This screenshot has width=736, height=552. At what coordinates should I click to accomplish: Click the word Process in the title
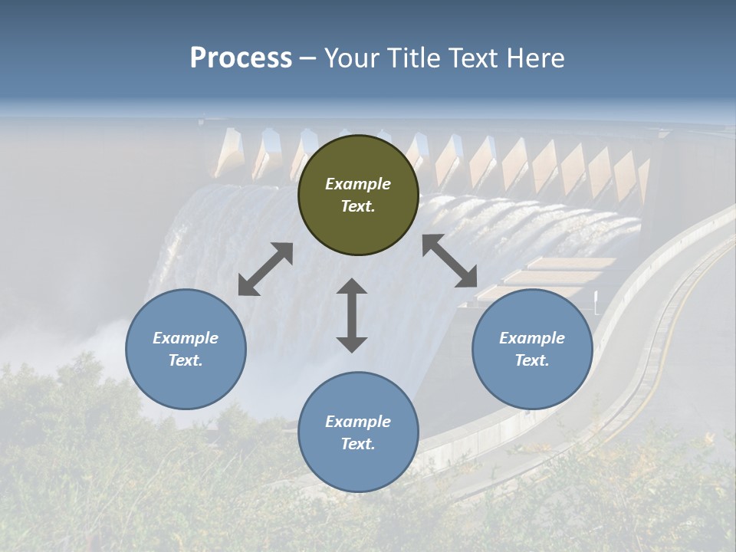[x=241, y=58]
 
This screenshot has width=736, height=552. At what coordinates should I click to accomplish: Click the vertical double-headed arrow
[x=352, y=315]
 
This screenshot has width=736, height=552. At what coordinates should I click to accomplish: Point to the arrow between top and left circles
[x=265, y=269]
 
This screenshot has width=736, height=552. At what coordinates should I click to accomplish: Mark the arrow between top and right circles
[x=450, y=261]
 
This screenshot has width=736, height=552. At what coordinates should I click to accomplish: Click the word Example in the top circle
[x=358, y=184]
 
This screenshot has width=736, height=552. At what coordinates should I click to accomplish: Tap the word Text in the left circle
[x=186, y=360]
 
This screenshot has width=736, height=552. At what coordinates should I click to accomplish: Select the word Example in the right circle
[x=532, y=338]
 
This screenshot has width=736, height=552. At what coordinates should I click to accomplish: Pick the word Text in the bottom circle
[x=358, y=444]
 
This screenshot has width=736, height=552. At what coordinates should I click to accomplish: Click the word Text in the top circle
[x=358, y=206]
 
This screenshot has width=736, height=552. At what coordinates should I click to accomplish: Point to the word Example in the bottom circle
[x=358, y=422]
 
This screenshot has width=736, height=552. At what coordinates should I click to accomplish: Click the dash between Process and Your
[x=308, y=58]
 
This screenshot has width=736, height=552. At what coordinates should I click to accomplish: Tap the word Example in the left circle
[x=186, y=338]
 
